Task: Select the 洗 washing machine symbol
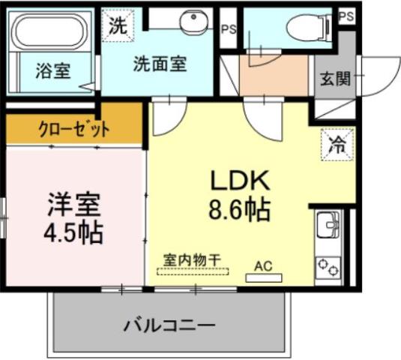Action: tap(118, 25)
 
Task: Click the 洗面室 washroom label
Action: tap(160, 64)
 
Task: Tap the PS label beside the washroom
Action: tap(229, 29)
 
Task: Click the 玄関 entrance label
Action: tap(335, 77)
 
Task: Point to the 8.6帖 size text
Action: tap(239, 209)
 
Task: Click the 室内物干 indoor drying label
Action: tap(193, 259)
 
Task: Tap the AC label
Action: tap(263, 265)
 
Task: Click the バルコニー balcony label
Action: tap(169, 325)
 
